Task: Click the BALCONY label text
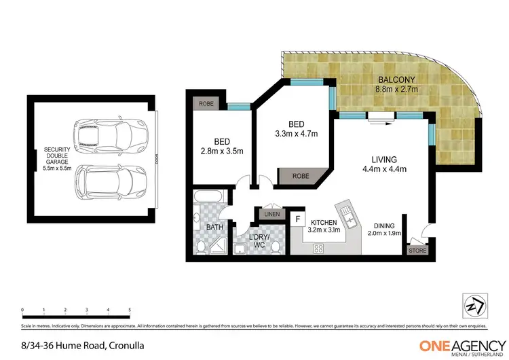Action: click(x=397, y=78)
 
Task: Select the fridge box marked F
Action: click(x=297, y=219)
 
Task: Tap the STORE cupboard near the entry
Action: click(x=417, y=251)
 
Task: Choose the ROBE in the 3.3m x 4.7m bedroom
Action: click(x=300, y=176)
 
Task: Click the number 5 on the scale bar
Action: click(x=129, y=309)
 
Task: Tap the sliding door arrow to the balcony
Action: click(x=380, y=123)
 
